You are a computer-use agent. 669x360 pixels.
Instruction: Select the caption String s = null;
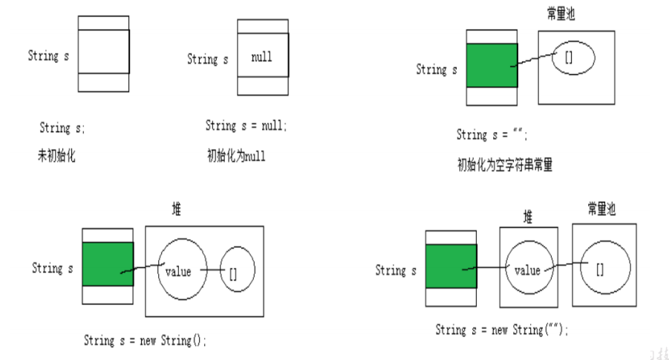246,126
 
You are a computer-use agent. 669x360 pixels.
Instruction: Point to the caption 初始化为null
235,157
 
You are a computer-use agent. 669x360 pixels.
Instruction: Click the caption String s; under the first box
62,128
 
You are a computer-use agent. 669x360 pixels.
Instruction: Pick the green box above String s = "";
492,66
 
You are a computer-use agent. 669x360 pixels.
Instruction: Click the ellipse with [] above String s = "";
572,59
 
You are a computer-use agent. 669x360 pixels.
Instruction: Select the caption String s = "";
492,135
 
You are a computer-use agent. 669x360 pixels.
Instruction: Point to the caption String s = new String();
145,341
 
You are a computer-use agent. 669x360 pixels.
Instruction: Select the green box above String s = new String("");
451,266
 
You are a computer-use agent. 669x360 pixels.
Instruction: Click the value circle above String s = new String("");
528,270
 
